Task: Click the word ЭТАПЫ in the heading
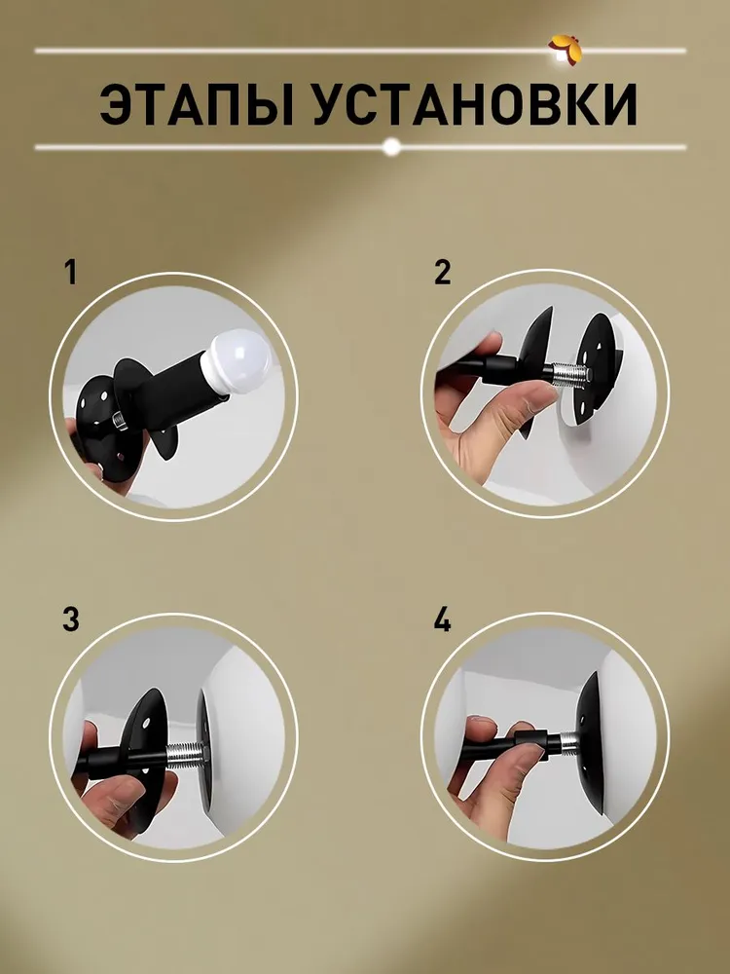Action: point(197,104)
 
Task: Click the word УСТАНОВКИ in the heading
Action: point(474,104)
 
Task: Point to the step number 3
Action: point(71,619)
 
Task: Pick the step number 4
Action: point(442,619)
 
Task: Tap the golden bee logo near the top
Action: point(565,50)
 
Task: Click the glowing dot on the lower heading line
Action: point(391,147)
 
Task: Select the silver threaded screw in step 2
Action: point(569,374)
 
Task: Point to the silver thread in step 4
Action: point(567,739)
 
